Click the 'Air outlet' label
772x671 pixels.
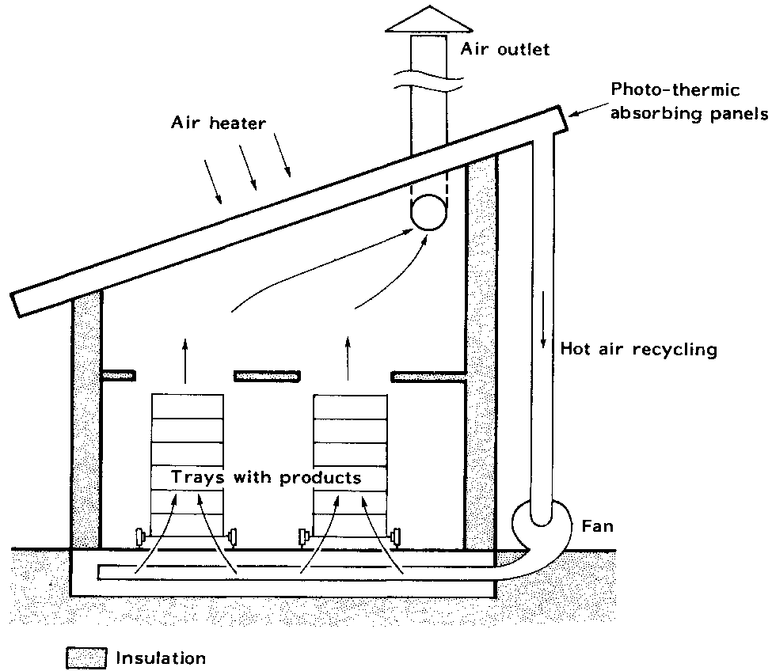click(504, 50)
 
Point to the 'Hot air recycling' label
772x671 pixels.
click(638, 349)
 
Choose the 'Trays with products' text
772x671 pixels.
click(267, 478)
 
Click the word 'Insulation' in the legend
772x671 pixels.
click(161, 658)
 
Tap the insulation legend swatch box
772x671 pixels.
click(86, 658)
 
